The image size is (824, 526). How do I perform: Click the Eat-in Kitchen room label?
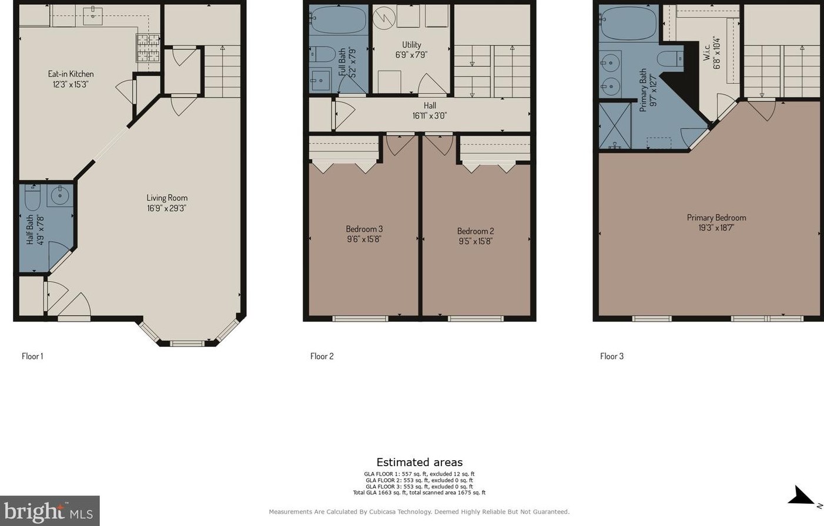click(x=71, y=74)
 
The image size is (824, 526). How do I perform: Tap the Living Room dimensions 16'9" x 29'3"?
click(x=167, y=208)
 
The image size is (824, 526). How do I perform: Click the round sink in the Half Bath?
click(x=60, y=195)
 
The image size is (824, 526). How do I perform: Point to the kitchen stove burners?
click(x=149, y=48)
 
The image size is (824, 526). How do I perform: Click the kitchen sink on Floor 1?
click(x=93, y=16)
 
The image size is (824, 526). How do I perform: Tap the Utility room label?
click(x=411, y=45)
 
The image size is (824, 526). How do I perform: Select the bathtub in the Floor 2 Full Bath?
click(x=339, y=19)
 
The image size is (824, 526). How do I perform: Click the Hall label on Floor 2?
click(x=430, y=106)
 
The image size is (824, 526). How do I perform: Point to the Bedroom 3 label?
click(x=364, y=229)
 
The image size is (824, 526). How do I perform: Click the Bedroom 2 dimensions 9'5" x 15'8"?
click(x=475, y=241)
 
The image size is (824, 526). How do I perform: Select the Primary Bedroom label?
click(x=716, y=217)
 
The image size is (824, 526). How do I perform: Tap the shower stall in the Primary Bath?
click(x=615, y=126)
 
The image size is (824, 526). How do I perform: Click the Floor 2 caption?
click(x=322, y=356)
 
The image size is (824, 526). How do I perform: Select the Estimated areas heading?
click(x=420, y=462)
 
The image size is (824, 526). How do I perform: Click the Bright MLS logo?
click(x=49, y=511)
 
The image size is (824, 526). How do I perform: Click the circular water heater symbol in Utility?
click(x=384, y=18)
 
